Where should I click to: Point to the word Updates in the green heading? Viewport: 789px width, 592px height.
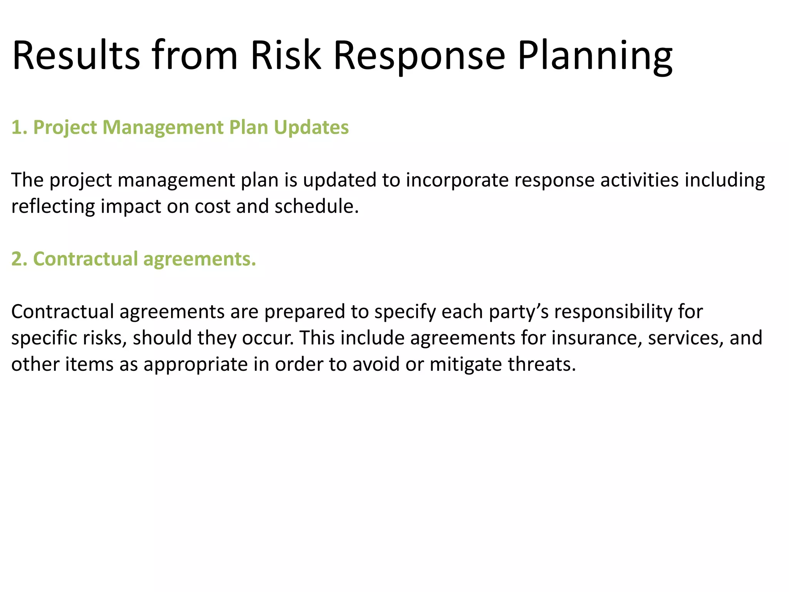[311, 128]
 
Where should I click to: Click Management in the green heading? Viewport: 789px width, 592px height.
[163, 128]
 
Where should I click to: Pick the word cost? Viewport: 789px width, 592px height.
[212, 207]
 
